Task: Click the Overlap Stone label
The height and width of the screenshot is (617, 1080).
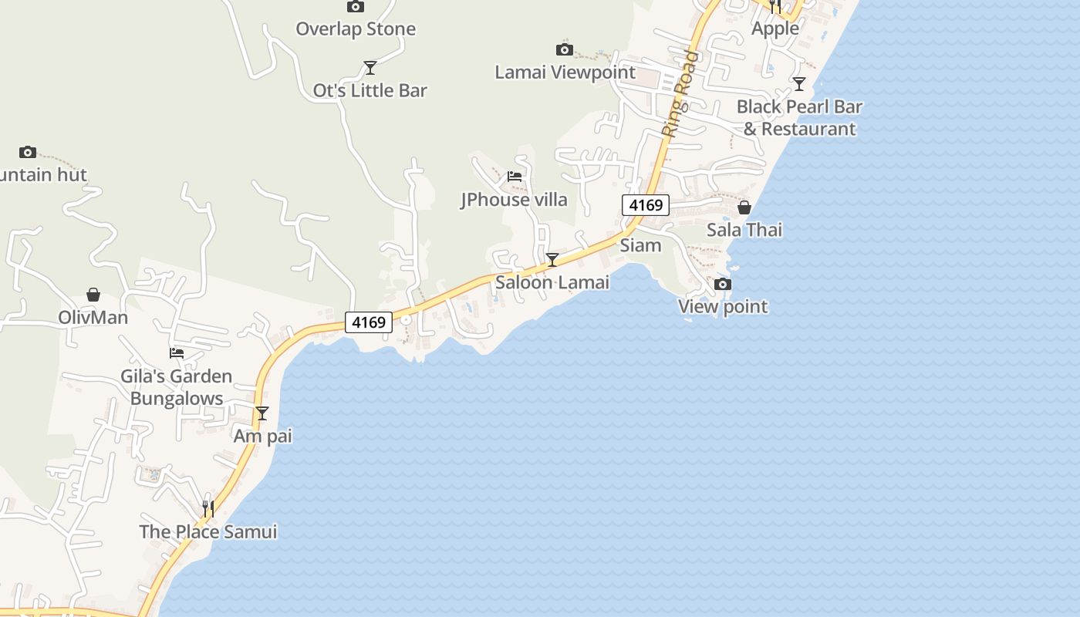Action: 356,29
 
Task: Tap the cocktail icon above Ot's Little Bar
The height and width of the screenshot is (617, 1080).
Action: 370,68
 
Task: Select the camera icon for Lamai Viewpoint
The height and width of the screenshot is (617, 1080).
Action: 565,50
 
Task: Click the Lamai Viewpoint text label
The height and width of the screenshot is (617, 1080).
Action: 565,72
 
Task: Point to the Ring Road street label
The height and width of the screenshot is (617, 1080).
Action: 680,94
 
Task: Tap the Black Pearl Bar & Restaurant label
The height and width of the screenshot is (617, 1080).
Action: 799,117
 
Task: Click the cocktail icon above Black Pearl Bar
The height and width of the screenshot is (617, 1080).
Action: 799,84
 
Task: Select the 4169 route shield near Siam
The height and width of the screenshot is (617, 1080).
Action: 646,205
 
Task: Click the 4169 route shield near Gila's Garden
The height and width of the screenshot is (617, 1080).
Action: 369,322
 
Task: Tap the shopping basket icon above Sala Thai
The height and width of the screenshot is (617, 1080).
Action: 744,207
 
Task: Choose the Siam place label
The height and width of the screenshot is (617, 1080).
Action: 641,245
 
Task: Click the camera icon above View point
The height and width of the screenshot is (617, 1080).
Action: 723,285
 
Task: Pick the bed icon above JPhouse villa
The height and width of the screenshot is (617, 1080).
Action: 515,177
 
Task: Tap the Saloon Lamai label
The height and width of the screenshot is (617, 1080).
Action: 552,282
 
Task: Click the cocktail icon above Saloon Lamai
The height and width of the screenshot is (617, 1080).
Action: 552,259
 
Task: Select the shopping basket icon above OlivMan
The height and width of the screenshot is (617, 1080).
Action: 93,295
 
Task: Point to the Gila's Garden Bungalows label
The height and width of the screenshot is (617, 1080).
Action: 177,387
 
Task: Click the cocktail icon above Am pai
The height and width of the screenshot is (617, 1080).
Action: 262,413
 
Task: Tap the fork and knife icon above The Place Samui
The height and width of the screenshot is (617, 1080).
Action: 208,509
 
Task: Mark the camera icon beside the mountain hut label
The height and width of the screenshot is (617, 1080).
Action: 28,152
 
